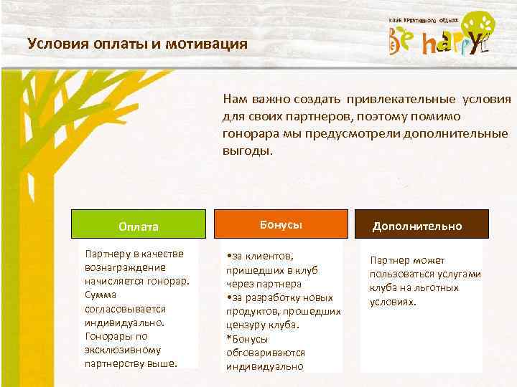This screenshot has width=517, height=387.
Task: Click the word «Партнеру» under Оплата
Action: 106,254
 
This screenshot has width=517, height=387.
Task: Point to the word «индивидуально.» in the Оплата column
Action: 125,322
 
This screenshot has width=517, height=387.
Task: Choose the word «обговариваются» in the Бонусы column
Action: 265,353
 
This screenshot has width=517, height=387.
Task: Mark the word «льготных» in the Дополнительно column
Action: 439,287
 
